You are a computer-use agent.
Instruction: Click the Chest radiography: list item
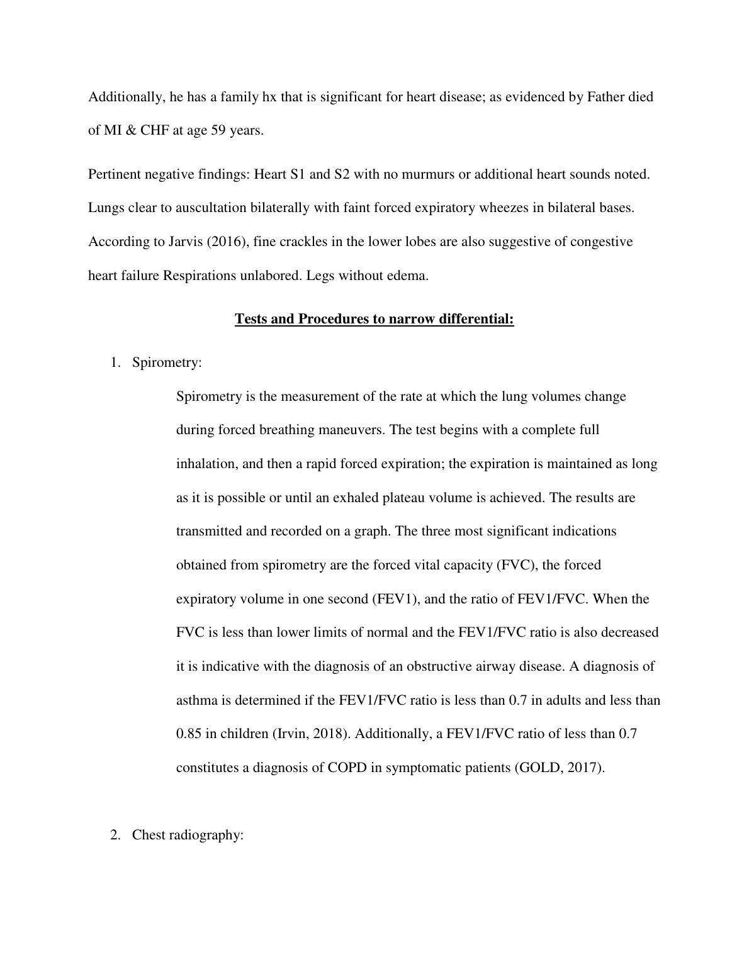[x=188, y=835]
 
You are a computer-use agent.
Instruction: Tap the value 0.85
[x=189, y=734]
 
